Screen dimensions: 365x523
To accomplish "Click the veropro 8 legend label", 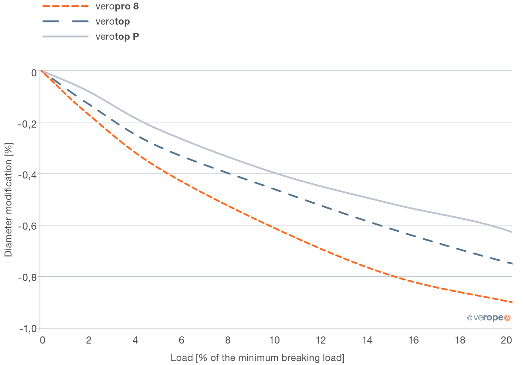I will click(117, 6).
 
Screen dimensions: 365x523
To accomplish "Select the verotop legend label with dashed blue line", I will click(112, 21).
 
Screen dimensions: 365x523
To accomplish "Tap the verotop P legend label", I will click(117, 36).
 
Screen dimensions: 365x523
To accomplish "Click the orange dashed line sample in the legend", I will click(66, 6).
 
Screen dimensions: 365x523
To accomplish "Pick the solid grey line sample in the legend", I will click(66, 36).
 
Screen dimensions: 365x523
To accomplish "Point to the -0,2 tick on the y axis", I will click(27, 124).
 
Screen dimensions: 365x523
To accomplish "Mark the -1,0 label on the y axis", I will click(27, 329).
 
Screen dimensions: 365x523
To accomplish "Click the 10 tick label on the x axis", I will click(274, 340).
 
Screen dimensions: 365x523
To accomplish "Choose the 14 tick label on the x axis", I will click(367, 340).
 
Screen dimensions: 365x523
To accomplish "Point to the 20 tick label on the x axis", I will click(507, 340).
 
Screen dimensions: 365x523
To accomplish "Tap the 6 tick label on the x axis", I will click(181, 340).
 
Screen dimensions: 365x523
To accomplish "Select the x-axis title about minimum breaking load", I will click(257, 358).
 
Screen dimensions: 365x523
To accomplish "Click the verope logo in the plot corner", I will click(489, 318).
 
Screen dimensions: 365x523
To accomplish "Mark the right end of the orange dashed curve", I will click(512, 302).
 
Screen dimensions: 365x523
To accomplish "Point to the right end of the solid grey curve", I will click(512, 232).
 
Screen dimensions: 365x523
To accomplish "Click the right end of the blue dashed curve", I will click(512, 263).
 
